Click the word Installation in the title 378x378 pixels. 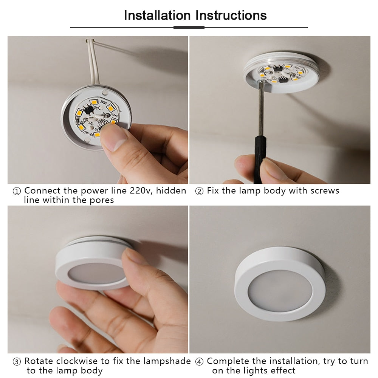pos(157,15)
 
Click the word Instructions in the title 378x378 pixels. pos(231,15)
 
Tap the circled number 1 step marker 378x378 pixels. pos(17,191)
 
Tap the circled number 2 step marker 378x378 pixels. pos(199,191)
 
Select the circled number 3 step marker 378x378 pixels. pos(17,362)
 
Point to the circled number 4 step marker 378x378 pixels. pos(199,362)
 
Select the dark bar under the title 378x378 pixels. pos(189,28)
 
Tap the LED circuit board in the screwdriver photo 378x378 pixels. pos(282,74)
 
